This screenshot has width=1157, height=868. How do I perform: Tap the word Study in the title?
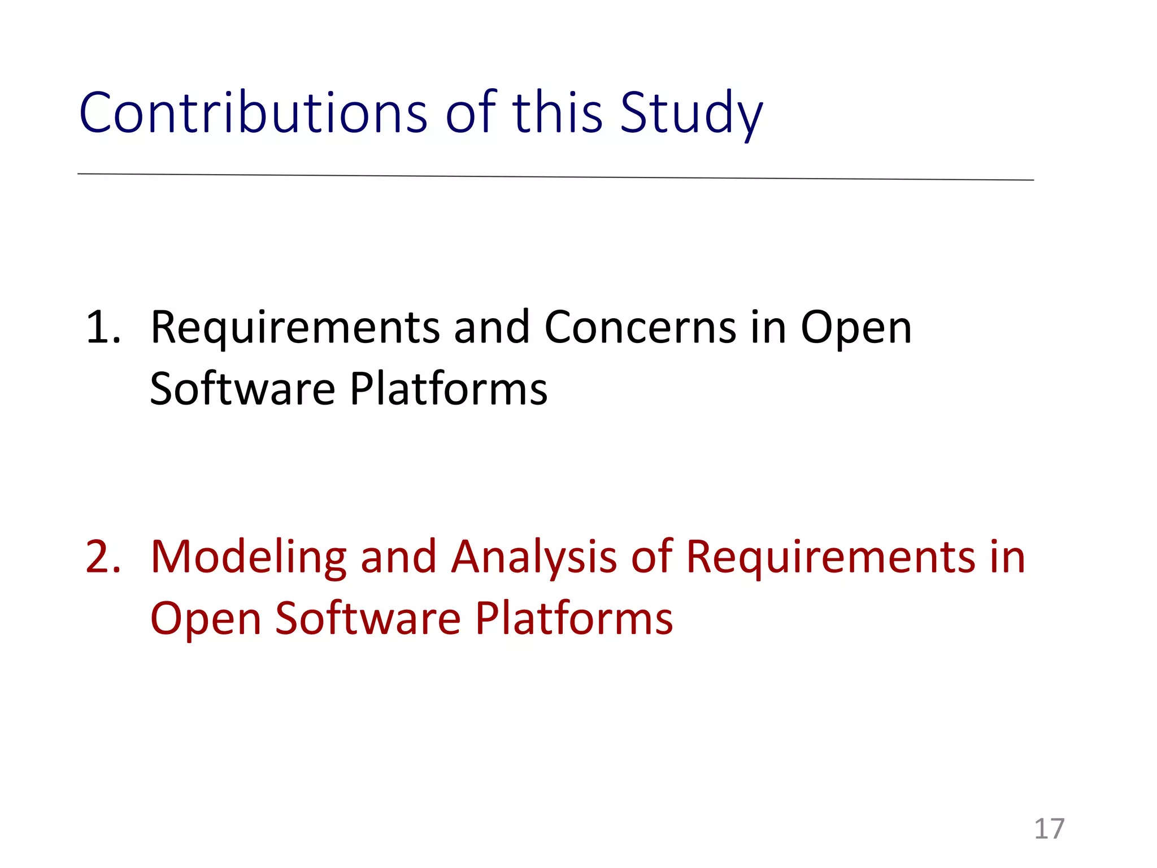pyautogui.click(x=691, y=113)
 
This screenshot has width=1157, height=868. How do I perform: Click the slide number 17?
pyautogui.click(x=1049, y=829)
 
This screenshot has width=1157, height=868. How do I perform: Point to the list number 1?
pyautogui.click(x=103, y=328)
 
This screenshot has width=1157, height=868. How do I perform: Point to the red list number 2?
pyautogui.click(x=103, y=557)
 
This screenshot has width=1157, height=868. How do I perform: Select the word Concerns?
pyautogui.click(x=640, y=328)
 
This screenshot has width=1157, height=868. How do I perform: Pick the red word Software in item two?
pyautogui.click(x=368, y=618)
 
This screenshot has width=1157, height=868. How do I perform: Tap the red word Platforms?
pyautogui.click(x=573, y=618)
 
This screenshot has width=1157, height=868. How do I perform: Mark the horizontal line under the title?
pyautogui.click(x=555, y=177)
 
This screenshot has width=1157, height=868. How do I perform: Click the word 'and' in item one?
pyautogui.click(x=491, y=328)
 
